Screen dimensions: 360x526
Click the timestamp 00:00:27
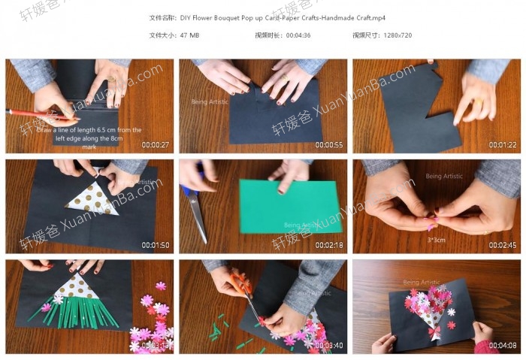pos(156,145)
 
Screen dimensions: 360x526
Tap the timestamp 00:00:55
pos(329,145)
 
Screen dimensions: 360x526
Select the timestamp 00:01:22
pos(503,145)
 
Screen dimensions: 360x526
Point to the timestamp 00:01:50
pos(156,245)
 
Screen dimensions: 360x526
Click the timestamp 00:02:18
pos(329,245)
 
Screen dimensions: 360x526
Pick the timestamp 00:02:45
pos(503,245)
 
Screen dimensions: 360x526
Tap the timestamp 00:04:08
pos(503,346)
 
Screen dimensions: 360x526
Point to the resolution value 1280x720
pos(395,35)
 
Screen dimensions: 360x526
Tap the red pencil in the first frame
pos(38,114)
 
